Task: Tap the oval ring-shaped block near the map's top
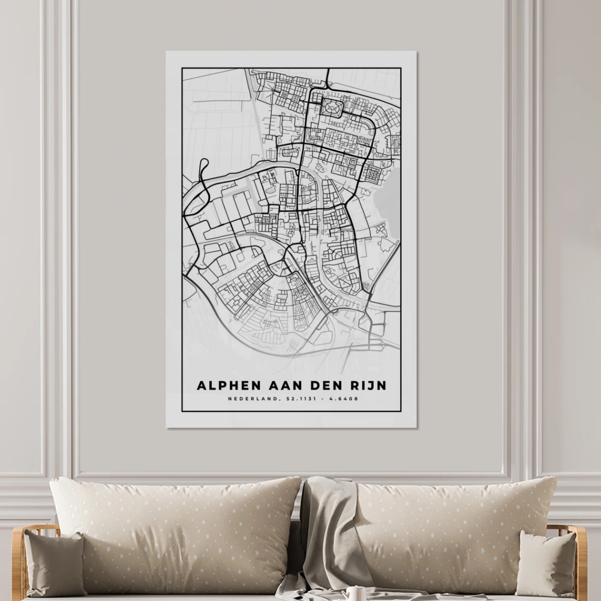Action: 332,108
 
